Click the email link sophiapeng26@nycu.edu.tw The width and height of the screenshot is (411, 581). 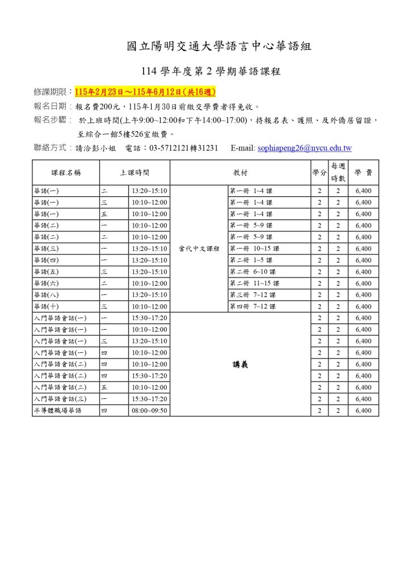[304, 149]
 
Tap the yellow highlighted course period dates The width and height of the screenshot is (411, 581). [145, 92]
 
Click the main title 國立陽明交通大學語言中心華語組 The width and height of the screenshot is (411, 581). [219, 47]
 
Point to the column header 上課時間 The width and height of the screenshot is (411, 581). [135, 172]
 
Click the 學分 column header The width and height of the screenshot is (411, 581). [319, 172]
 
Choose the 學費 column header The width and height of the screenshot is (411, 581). [363, 172]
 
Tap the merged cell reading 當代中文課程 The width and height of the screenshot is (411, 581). [199, 249]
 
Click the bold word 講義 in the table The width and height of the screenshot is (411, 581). [241, 365]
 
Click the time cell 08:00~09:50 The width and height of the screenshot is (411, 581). [149, 410]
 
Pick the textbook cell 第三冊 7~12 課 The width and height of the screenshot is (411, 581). [253, 295]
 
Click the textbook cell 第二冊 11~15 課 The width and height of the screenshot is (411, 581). [254, 283]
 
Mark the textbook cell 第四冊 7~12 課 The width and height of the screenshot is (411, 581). [253, 306]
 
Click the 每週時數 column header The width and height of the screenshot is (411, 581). [338, 172]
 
